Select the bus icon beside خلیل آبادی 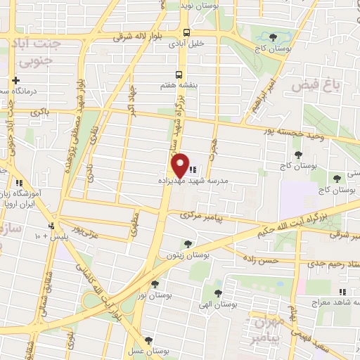tap(186, 32)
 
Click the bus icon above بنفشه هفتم tap(179, 74)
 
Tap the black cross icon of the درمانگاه tap(15, 81)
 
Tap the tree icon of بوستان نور tap(155, 283)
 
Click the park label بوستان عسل tap(148, 350)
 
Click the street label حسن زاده tap(262, 260)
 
